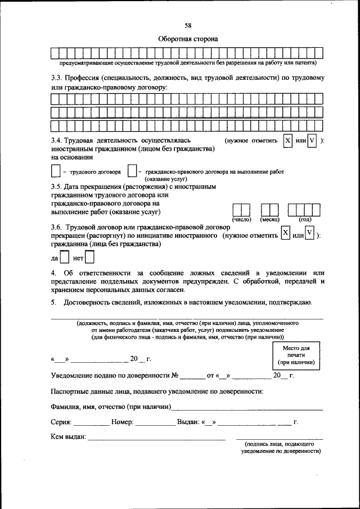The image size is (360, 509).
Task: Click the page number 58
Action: click(188, 25)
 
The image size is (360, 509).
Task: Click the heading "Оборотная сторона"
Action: click(187, 39)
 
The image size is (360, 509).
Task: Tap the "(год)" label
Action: click(305, 219)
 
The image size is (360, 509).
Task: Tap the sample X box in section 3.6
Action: click(286, 233)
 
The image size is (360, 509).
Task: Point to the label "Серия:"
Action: click(61, 421)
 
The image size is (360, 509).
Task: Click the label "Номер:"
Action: click(122, 421)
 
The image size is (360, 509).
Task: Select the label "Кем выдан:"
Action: click(68, 436)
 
